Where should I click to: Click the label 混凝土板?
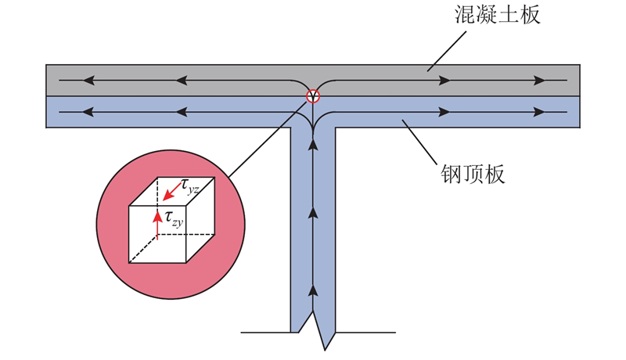coord(498,15)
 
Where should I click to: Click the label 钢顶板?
coord(473,174)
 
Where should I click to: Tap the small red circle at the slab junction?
coord(313,96)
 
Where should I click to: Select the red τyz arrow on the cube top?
coord(173,190)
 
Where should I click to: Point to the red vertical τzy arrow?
coord(158,225)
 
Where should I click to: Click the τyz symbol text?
coord(189,186)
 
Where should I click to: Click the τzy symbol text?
coord(174,218)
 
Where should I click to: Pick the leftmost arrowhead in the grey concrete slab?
coord(88,81)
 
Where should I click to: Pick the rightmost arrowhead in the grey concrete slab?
coord(539,81)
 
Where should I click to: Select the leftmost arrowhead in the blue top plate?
coord(88,112)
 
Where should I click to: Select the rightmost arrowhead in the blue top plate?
coord(539,112)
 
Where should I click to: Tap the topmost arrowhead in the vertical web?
coord(314,145)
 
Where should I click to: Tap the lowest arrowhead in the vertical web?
coord(314,290)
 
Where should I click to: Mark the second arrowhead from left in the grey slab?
coord(182,81)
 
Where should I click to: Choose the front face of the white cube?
coord(157,234)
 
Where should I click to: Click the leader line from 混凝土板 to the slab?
coord(446,52)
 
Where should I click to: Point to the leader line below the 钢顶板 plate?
coord(419,142)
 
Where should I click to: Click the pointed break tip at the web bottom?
coord(325,351)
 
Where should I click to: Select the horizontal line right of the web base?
coord(365,332)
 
